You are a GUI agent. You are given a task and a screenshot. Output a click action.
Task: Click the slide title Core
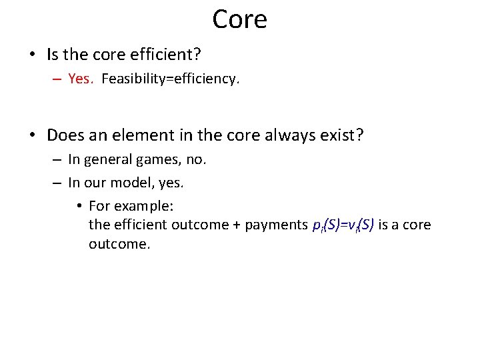(x=239, y=19)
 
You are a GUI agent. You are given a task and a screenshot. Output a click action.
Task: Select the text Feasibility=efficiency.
(x=170, y=79)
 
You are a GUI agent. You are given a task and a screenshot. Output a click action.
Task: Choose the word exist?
(x=343, y=135)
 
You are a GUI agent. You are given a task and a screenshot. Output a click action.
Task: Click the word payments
(x=277, y=225)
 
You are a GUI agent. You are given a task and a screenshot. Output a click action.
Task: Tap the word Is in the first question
(x=54, y=53)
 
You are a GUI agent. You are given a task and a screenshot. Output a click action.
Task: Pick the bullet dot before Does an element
(x=33, y=135)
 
